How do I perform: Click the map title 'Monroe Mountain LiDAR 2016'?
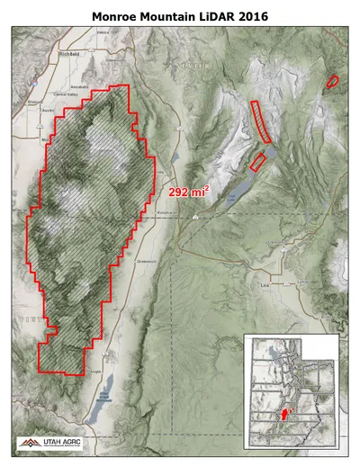tap(180, 15)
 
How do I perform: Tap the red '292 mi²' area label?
tap(189, 191)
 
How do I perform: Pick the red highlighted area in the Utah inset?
tap(287, 415)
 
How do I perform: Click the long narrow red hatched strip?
tap(261, 122)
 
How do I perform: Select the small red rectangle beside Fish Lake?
tap(257, 162)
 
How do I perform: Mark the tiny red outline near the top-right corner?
tap(333, 81)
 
